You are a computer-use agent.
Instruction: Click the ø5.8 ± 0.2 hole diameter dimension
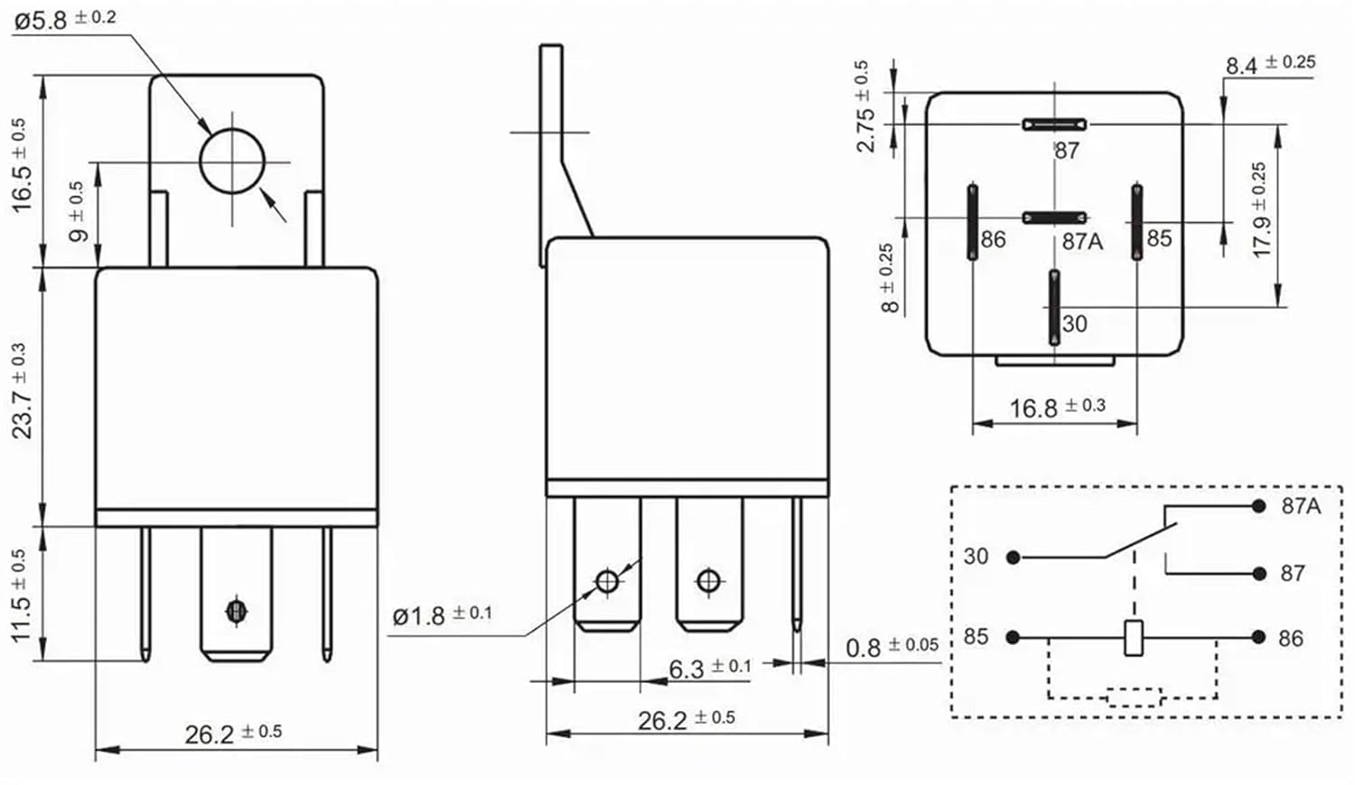[64, 19]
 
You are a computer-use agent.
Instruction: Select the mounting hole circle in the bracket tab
[231, 162]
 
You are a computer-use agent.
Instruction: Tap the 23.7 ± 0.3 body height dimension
[21, 392]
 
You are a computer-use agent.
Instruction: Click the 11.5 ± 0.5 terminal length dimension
[21, 595]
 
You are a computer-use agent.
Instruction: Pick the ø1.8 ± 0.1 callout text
[442, 615]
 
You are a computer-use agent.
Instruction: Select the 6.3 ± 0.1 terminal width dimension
[709, 668]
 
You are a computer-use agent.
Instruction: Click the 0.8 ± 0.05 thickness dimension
[891, 647]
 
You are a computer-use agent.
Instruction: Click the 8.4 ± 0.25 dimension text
[1269, 64]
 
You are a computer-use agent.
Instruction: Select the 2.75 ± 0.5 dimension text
[864, 107]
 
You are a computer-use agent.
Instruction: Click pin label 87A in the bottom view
[1081, 241]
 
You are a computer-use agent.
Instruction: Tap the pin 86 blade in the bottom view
[973, 221]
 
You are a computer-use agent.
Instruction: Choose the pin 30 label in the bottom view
[1074, 323]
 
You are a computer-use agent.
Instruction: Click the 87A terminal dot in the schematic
[1258, 507]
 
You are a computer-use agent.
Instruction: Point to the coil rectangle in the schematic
[1134, 638]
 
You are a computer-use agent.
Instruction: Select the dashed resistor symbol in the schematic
[1134, 696]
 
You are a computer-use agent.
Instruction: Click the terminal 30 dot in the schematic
[1014, 558]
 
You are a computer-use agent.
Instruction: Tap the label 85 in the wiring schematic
[976, 637]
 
